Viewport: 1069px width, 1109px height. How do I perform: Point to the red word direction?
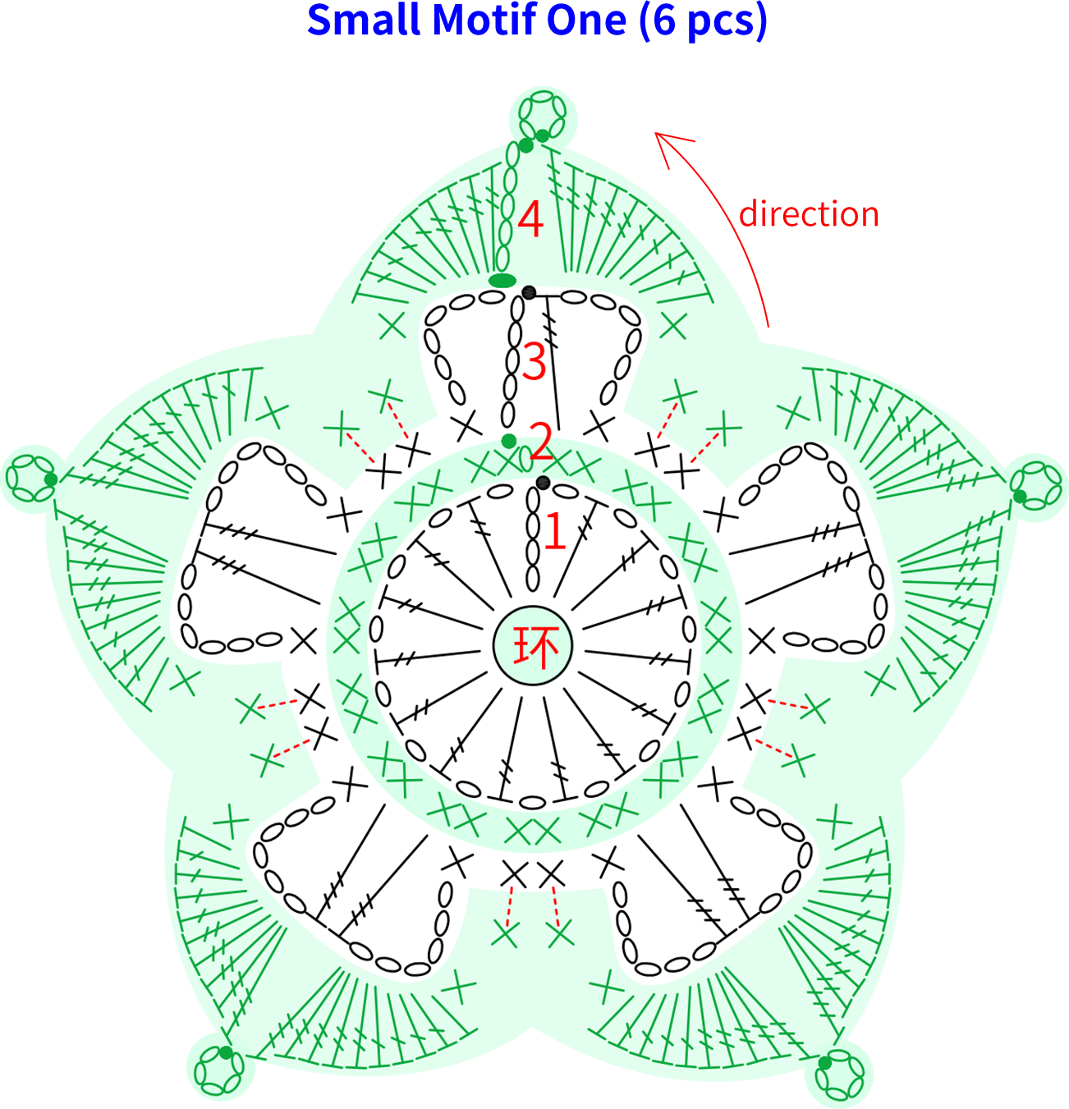pos(809,214)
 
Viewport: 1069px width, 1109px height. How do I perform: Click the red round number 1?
pos(555,530)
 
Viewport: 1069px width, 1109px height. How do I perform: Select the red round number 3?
pos(534,360)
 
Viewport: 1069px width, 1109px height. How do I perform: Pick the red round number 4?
pos(530,219)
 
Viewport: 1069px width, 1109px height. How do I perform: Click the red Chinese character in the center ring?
pos(534,646)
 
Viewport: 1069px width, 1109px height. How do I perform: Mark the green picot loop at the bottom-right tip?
pos(838,1075)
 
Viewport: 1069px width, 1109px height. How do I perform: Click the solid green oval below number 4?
pos(502,281)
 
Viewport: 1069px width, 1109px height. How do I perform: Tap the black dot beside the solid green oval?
pos(529,293)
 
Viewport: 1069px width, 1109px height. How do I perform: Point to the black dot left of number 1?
pos(544,483)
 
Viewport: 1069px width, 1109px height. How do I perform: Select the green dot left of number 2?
pos(508,441)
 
